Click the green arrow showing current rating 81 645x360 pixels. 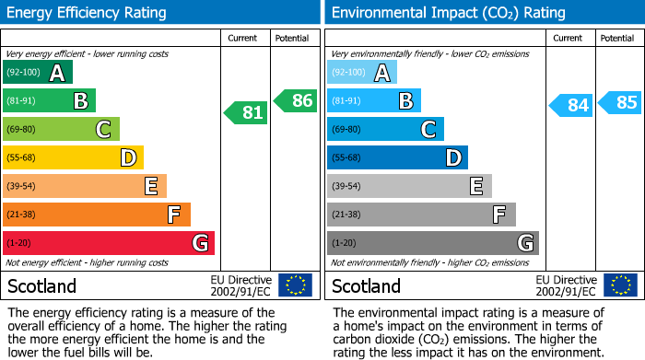246,113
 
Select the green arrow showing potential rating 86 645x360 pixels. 296,101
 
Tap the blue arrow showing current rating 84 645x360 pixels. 570,105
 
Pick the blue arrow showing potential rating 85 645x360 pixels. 620,102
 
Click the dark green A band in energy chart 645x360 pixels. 38,73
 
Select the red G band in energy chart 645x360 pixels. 109,243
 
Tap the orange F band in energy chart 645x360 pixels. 97,215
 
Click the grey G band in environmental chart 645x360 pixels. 432,243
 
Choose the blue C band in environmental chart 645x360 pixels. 385,129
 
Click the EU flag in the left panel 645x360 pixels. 295,285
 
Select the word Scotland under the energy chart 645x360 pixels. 41,285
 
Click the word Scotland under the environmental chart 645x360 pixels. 366,285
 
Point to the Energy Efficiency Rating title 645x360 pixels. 88,13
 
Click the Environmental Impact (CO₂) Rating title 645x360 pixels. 448,13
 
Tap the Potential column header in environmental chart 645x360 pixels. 617,38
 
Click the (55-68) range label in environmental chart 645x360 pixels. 348,158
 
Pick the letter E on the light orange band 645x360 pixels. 150,186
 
